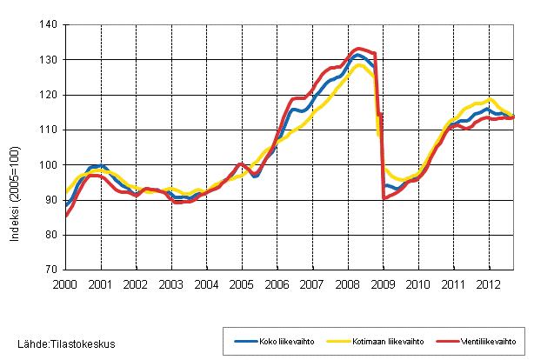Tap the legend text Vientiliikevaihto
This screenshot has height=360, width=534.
484,341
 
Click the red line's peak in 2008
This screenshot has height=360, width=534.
359,49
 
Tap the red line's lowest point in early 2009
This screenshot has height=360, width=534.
384,198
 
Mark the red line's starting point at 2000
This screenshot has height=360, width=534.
66,216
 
